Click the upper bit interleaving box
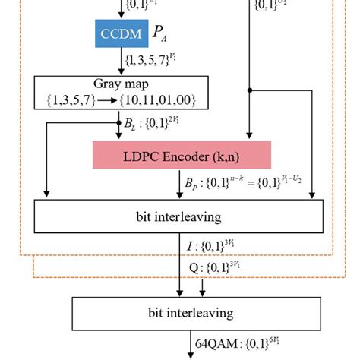coord(179,216)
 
